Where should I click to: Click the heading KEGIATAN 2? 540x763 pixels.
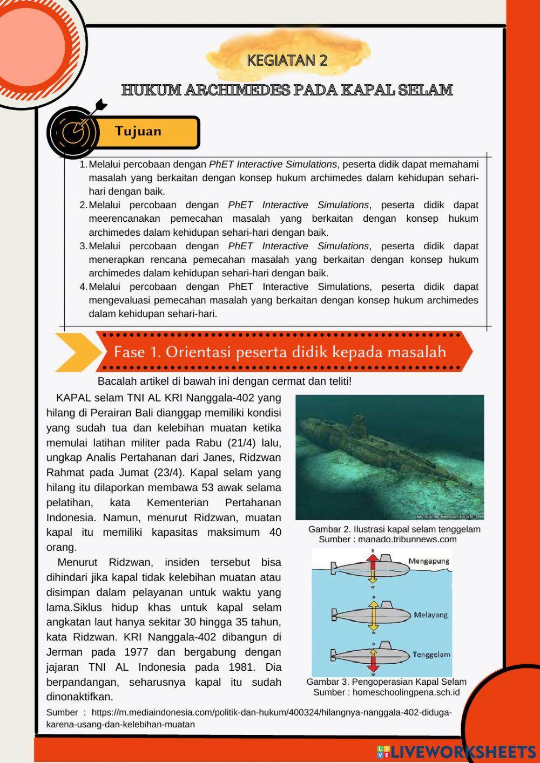pyautogui.click(x=287, y=60)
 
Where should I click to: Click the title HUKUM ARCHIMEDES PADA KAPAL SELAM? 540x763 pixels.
pyautogui.click(x=287, y=90)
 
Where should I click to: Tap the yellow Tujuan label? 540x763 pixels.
pyautogui.click(x=139, y=132)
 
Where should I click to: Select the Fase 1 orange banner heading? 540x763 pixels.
pyautogui.click(x=280, y=352)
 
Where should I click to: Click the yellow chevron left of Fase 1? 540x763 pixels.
pyautogui.click(x=77, y=352)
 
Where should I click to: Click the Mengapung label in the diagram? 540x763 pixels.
pyautogui.click(x=429, y=561)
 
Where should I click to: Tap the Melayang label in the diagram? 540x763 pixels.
pyautogui.click(x=430, y=615)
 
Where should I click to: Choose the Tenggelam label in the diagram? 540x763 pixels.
pyautogui.click(x=431, y=655)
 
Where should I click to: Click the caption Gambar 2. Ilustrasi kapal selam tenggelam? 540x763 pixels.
pyautogui.click(x=394, y=529)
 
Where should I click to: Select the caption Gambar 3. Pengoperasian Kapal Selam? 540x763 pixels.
pyautogui.click(x=387, y=682)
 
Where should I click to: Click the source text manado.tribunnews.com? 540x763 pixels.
pyautogui.click(x=407, y=540)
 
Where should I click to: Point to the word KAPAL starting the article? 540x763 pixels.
pyautogui.click(x=73, y=398)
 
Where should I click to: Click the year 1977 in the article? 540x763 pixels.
pyautogui.click(x=136, y=652)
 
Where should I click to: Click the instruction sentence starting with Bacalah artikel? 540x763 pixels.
pyautogui.click(x=225, y=381)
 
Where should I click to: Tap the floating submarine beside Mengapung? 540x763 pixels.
pyautogui.click(x=367, y=568)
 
